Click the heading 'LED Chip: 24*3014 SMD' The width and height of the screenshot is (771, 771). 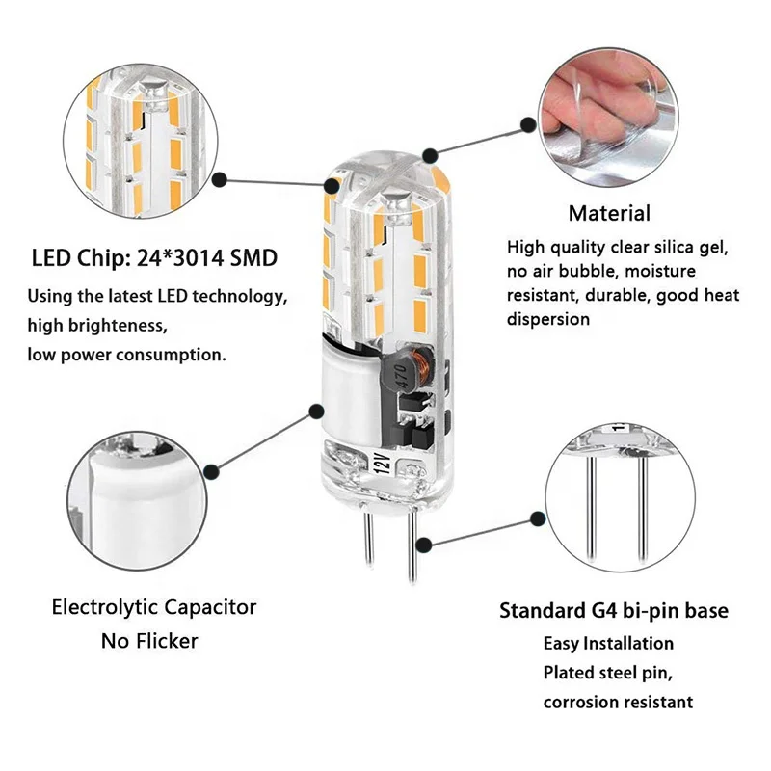pyautogui.click(x=154, y=259)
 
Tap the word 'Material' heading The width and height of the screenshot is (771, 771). pyautogui.click(x=608, y=214)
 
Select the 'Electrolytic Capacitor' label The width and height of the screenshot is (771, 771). pyautogui.click(x=154, y=608)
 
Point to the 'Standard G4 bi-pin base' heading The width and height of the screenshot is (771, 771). pyautogui.click(x=614, y=611)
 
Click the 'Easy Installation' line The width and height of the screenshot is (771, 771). pyautogui.click(x=608, y=643)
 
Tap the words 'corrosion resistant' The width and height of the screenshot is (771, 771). pyautogui.click(x=617, y=702)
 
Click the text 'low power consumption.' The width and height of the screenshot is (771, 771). pyautogui.click(x=127, y=354)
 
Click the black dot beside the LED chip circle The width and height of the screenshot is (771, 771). pyautogui.click(x=220, y=179)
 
